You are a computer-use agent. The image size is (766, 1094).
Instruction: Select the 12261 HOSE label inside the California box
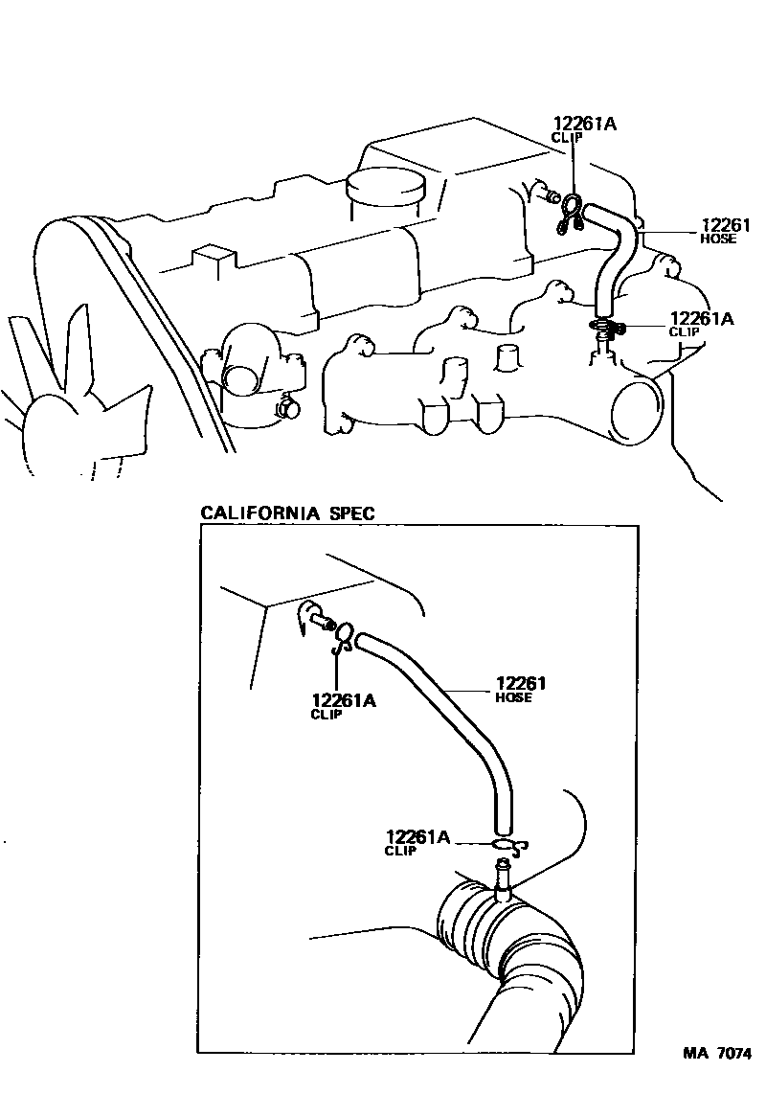520,689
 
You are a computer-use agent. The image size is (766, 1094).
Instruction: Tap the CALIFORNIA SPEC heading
287,513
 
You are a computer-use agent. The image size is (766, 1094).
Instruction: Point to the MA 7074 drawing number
716,1054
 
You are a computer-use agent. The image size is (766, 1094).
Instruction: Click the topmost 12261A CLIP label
583,128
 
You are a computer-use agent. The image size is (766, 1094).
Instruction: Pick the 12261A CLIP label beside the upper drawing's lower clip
701,324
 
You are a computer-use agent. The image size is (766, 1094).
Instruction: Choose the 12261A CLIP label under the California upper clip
343,706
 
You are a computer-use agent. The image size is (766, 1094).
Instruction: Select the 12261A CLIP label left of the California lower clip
417,842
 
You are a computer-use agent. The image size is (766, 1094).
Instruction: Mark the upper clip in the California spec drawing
343,636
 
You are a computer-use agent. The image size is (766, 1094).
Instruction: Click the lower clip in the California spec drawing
507,845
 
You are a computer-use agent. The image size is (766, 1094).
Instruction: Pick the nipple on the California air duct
502,877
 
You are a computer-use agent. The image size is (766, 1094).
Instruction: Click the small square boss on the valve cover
214,260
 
